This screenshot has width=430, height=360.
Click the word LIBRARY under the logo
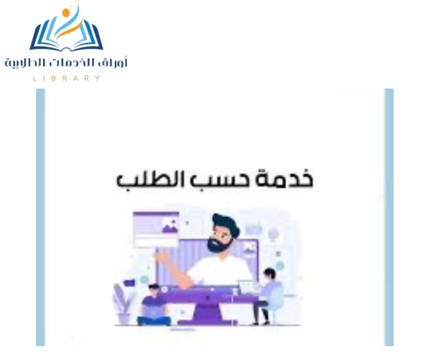pos(66,78)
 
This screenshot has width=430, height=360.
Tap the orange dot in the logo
pos(66,12)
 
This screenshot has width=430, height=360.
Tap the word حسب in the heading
pos(220,181)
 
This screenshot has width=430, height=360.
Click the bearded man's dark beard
pos(219,245)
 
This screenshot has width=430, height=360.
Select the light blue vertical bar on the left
pos(40,217)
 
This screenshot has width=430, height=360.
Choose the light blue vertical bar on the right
pos(389,217)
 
